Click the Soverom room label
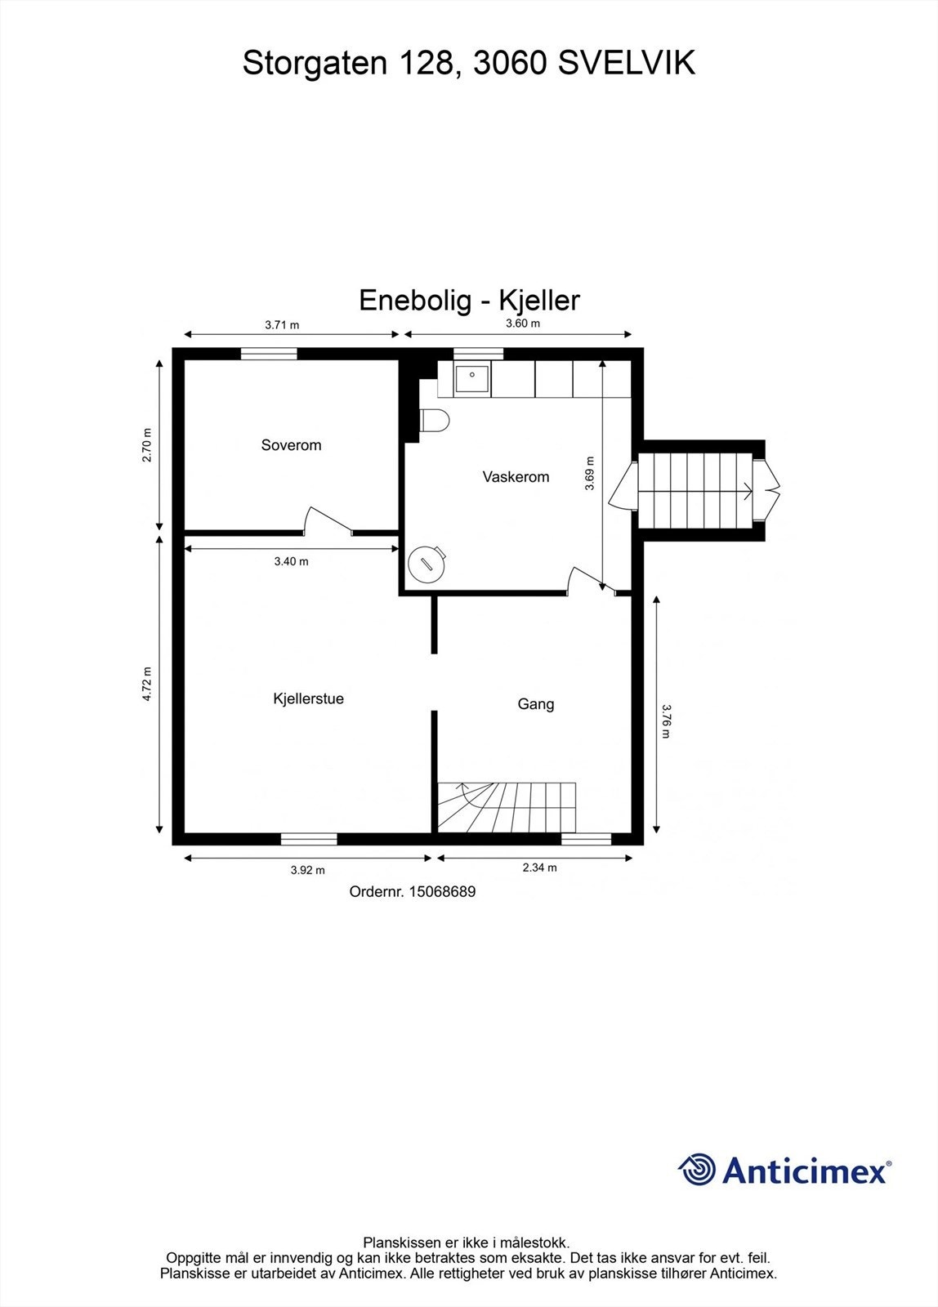291,445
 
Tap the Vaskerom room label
516,477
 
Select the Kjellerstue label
308,698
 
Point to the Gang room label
536,704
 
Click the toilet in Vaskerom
434,421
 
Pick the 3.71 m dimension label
282,324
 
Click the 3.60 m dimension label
523,323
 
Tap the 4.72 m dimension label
147,685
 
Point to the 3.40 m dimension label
291,561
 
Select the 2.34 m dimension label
539,868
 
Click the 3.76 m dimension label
665,720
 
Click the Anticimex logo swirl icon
697,1169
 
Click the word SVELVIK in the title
626,63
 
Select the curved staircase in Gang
507,806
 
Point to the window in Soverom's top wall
269,354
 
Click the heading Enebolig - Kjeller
469,300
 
